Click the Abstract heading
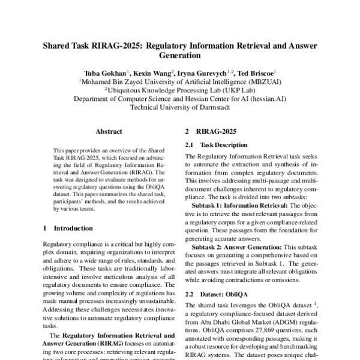click(x=109, y=131)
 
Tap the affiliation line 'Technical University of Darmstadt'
click(x=180, y=109)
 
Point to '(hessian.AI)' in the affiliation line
click(x=266, y=100)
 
